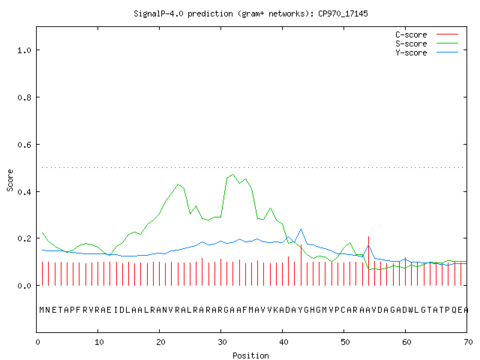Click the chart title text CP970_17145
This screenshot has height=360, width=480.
pos(343,13)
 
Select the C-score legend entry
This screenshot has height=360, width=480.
pos(427,34)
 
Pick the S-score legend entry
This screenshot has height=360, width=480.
pos(427,43)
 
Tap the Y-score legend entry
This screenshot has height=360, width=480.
pos(427,52)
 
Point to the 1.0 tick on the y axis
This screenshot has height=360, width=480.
pos(24,50)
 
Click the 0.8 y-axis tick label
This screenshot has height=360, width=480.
pos(24,97)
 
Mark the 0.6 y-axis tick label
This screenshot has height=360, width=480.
pos(24,145)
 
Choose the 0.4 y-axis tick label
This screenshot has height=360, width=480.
pos(24,192)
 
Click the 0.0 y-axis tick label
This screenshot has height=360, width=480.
pos(24,286)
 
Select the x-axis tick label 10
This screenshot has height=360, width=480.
pos(99,342)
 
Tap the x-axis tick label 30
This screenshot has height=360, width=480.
pos(222,342)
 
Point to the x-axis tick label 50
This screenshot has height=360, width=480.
pos(345,342)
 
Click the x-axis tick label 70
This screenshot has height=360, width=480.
pos(468,342)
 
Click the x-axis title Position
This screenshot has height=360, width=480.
pos(250,355)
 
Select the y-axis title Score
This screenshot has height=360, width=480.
pos(10,180)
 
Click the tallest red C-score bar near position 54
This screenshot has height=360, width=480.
pos(368,261)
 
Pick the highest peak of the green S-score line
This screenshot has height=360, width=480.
pos(233,175)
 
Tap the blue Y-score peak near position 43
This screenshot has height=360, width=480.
pos(301,229)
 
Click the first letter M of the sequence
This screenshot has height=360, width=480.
pos(42,310)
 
